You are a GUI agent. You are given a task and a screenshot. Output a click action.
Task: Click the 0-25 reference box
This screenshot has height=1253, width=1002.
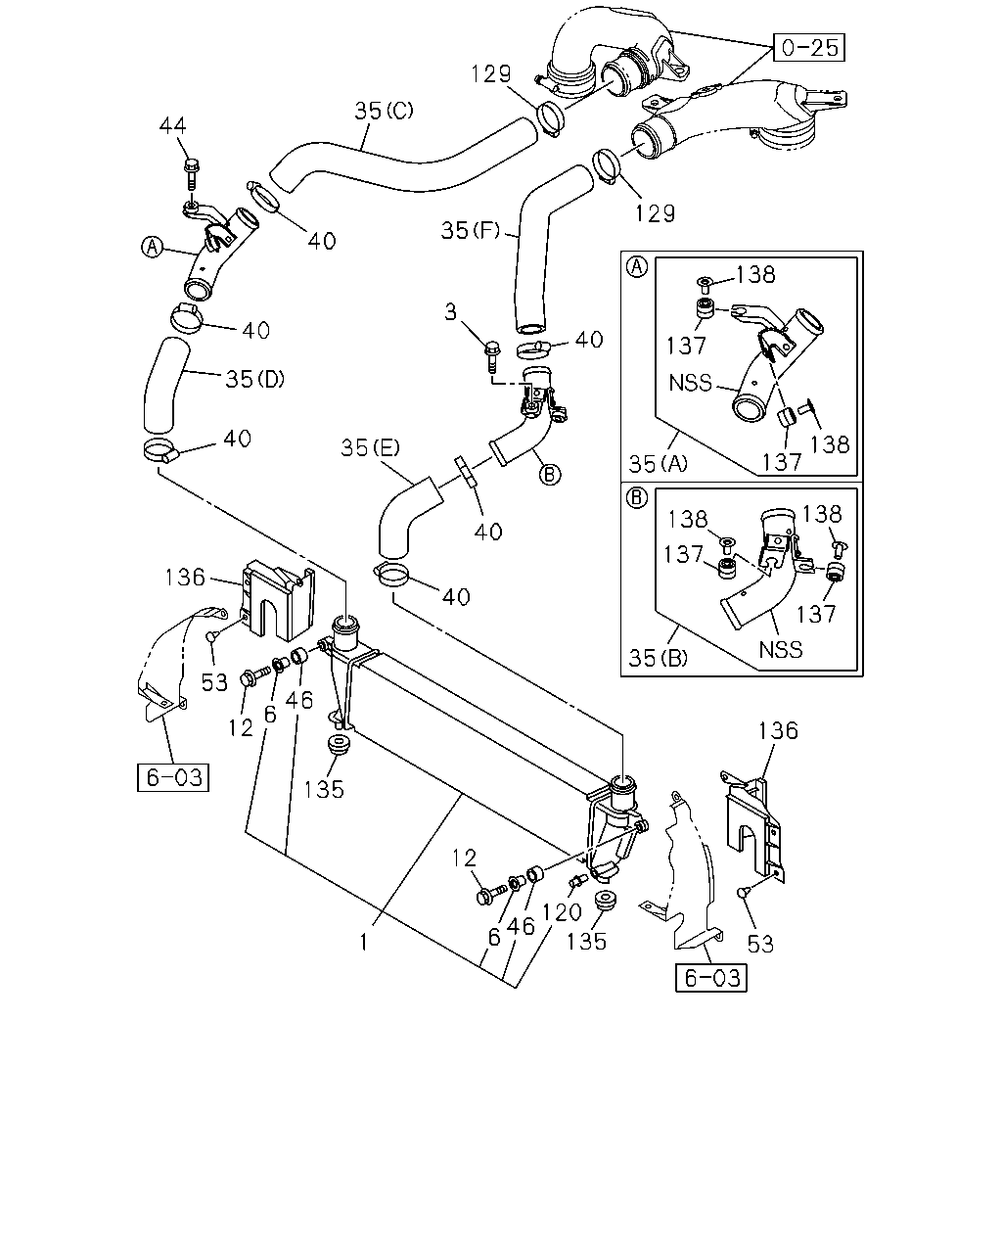coord(808,47)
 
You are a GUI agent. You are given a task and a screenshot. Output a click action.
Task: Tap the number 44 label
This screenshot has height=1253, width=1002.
coord(173,125)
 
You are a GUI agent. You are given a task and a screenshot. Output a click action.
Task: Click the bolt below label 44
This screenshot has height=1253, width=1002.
coord(190,173)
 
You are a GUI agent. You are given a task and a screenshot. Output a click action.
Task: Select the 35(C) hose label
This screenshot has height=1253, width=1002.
coord(385,111)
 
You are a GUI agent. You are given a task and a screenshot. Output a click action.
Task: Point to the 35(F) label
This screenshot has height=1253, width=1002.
coord(471,231)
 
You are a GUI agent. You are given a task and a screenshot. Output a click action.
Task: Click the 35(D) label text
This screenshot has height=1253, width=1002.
coord(255,379)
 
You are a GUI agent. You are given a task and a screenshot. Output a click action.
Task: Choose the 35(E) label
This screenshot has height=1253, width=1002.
coord(370,447)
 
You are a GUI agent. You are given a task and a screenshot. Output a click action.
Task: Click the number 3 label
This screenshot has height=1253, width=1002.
coord(451,312)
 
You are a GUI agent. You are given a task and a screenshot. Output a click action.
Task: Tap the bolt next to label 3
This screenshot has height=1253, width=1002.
coord(492,355)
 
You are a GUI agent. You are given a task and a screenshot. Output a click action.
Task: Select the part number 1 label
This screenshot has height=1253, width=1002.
coord(364,943)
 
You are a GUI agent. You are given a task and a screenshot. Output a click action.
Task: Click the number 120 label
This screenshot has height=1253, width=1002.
coord(562,912)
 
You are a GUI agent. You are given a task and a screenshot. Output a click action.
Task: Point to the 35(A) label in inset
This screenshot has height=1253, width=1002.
coord(658,464)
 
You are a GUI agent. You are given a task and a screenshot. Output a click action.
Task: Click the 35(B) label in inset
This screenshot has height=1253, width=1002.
coord(658,658)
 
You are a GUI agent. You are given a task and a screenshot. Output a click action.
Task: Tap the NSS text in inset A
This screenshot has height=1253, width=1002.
coord(690,383)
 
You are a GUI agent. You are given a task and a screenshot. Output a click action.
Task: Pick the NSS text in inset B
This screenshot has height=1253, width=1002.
coord(780,650)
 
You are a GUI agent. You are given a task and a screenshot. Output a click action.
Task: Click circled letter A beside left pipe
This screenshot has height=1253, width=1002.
coord(153,247)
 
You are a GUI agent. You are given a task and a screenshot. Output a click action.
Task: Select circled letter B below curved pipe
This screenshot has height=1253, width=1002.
coord(550,475)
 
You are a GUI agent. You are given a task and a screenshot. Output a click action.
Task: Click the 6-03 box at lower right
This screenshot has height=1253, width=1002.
coord(710,978)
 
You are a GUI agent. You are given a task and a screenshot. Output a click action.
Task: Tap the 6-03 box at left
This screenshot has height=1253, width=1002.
coord(173,777)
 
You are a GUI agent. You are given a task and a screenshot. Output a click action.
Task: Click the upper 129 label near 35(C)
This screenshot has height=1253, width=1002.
coord(491,74)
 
